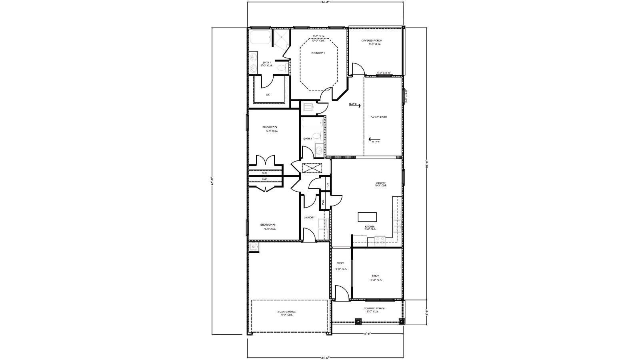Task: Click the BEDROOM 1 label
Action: click(x=318, y=53)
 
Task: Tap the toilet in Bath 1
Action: click(x=282, y=67)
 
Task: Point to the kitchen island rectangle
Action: click(x=367, y=217)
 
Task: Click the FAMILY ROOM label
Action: click(x=378, y=117)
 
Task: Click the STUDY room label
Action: click(x=375, y=276)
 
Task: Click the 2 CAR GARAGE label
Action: click(x=286, y=312)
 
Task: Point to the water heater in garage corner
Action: click(x=253, y=247)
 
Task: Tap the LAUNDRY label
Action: click(x=309, y=218)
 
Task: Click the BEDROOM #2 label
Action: click(x=270, y=127)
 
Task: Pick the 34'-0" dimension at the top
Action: click(x=325, y=2)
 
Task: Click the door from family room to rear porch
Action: click(x=358, y=70)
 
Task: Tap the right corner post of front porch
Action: click(x=401, y=320)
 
